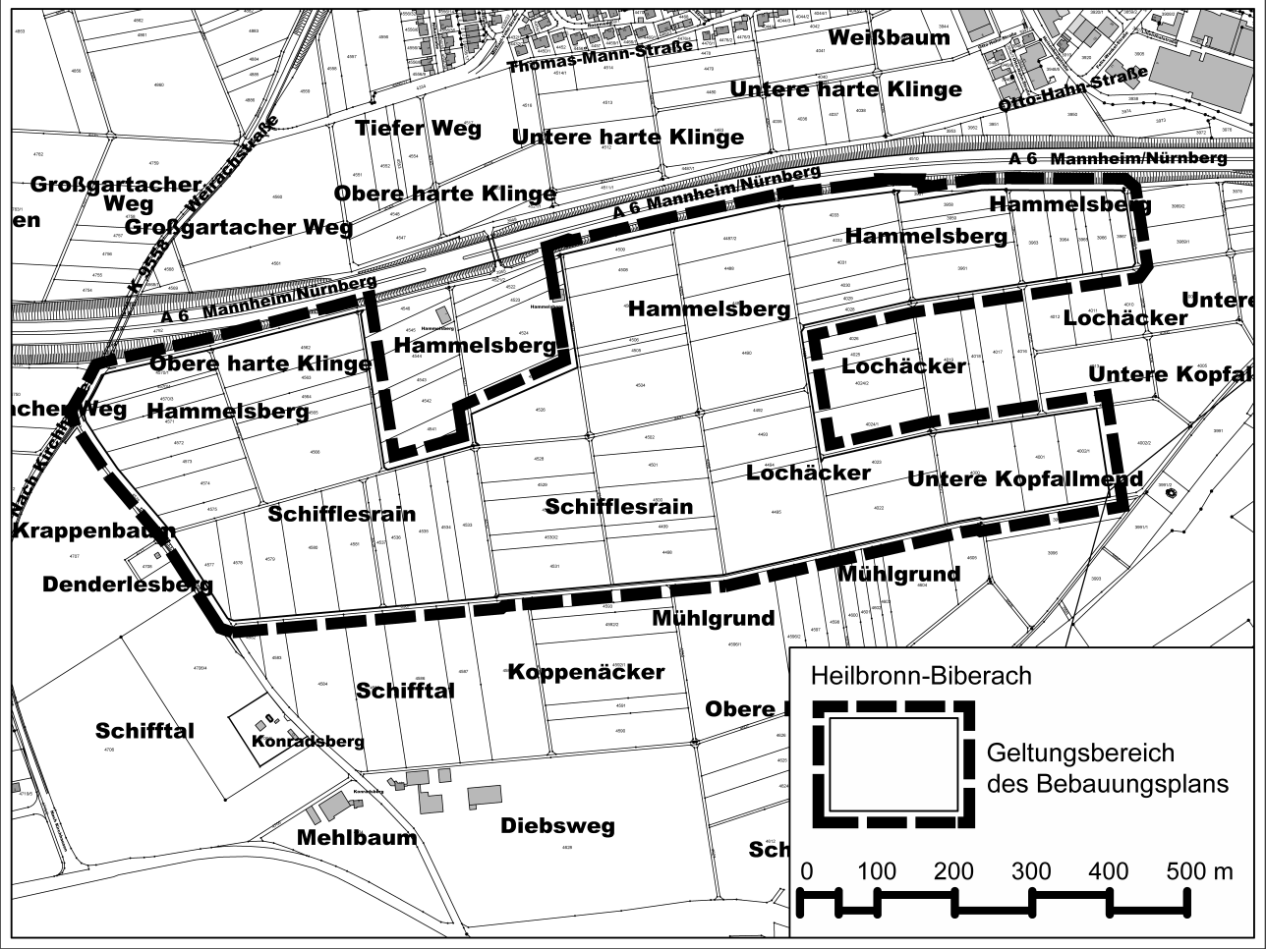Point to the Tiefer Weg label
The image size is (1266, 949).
(x=418, y=128)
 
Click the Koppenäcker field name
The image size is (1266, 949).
(x=586, y=673)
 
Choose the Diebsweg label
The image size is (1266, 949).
(x=557, y=825)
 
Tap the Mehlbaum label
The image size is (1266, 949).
(x=357, y=838)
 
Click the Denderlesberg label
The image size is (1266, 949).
(x=128, y=585)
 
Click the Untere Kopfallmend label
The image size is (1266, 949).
(x=1024, y=479)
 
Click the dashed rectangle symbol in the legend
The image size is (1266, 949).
(x=892, y=763)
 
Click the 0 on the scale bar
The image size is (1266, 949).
(x=807, y=871)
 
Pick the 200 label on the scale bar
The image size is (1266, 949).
(x=953, y=871)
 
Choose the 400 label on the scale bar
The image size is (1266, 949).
(x=1108, y=871)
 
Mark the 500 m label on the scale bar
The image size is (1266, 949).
(x=1199, y=871)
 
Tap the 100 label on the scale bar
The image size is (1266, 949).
(x=876, y=871)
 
